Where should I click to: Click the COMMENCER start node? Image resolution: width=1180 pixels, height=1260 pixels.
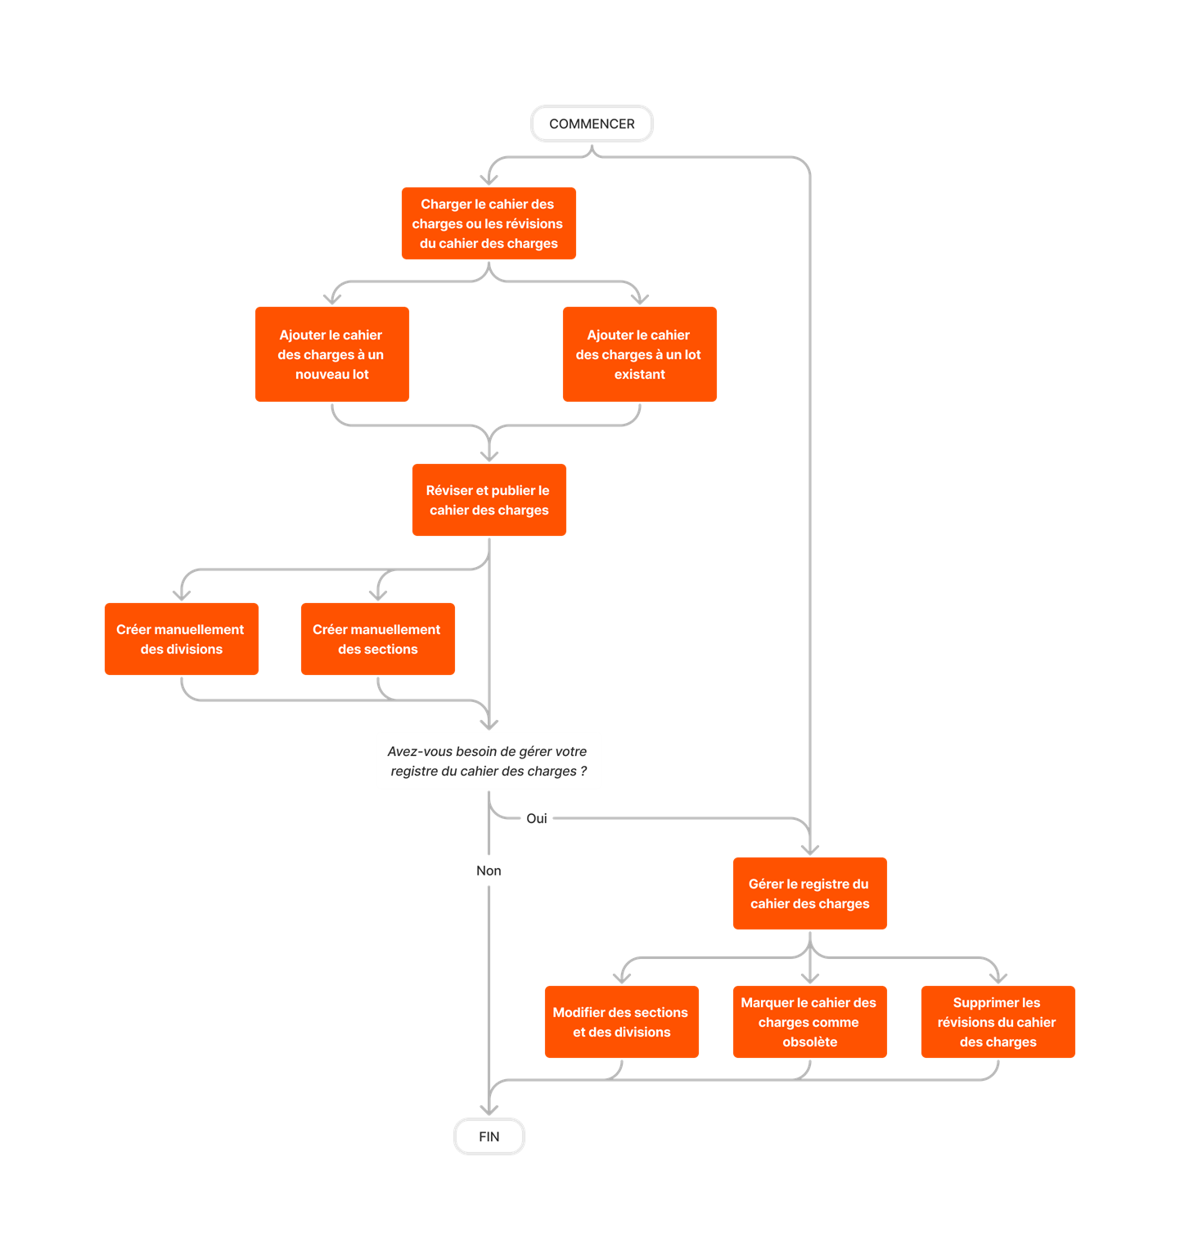[x=592, y=124]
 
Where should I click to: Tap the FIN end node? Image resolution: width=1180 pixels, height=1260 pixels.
[x=489, y=1136]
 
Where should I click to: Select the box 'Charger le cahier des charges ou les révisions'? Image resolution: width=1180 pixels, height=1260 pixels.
[x=489, y=223]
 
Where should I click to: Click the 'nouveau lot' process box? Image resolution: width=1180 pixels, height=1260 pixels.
[x=332, y=354]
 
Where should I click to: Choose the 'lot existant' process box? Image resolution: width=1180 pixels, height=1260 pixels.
[x=640, y=354]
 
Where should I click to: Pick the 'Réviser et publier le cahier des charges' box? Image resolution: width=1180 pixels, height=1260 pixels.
[x=489, y=500]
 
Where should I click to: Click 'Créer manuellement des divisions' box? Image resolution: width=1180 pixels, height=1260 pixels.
[x=182, y=639]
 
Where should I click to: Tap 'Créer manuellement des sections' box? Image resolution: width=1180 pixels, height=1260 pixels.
[x=378, y=639]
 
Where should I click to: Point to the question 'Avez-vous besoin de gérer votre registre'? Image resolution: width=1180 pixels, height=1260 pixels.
[x=488, y=761]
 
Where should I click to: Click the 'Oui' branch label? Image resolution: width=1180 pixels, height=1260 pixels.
[x=537, y=818]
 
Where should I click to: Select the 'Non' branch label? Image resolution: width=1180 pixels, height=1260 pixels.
[x=489, y=871]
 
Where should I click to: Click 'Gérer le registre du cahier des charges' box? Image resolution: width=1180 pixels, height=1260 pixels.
[x=810, y=893]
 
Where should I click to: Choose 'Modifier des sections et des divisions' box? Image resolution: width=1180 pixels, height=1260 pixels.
[x=622, y=1022]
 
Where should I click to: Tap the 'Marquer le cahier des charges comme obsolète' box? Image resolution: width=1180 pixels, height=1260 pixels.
[x=810, y=1022]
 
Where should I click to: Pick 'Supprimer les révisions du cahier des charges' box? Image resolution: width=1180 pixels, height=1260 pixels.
[x=998, y=1022]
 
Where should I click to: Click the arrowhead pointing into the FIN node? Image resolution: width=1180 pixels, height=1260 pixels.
[x=489, y=1109]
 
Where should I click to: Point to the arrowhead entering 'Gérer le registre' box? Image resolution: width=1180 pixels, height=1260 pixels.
[x=810, y=849]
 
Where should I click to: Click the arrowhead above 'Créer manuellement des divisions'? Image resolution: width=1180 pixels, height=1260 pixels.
[x=182, y=595]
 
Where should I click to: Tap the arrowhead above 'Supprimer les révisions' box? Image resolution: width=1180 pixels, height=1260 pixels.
[x=998, y=977]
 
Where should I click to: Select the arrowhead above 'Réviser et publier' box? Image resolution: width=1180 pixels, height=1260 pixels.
[x=489, y=456]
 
